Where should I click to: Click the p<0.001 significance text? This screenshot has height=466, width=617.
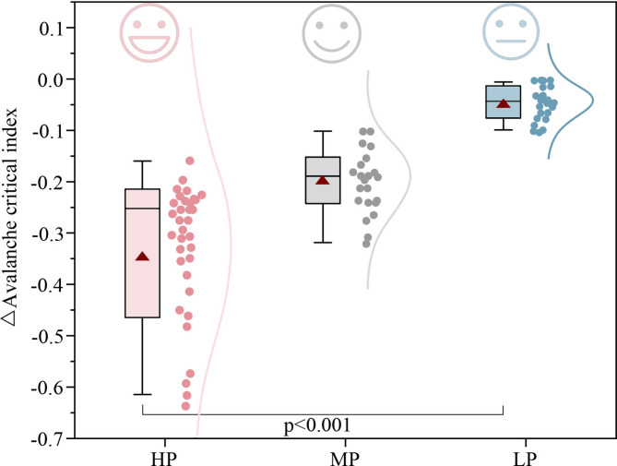point(323,425)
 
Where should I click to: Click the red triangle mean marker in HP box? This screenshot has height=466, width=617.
point(142,256)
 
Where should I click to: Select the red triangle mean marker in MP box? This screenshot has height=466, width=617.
point(322,180)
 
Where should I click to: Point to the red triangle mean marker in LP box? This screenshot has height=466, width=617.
point(503,102)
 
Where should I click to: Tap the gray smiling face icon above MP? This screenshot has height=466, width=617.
point(327,35)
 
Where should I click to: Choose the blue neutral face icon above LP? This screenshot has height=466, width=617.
point(507,33)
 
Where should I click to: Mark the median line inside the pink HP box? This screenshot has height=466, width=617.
point(142,209)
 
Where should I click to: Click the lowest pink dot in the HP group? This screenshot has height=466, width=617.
point(186,405)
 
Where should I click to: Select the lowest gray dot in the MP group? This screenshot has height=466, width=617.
point(367,244)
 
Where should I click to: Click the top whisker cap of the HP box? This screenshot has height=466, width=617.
point(142,161)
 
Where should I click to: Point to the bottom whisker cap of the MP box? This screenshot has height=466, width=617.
point(322,243)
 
